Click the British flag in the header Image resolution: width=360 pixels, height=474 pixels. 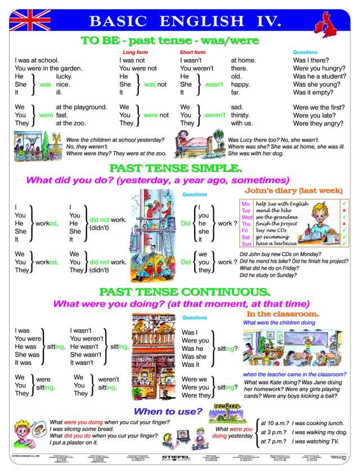[26, 19]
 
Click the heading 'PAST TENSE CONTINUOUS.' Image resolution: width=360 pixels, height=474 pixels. [180, 291]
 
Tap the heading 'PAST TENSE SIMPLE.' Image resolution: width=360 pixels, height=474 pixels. [180, 167]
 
